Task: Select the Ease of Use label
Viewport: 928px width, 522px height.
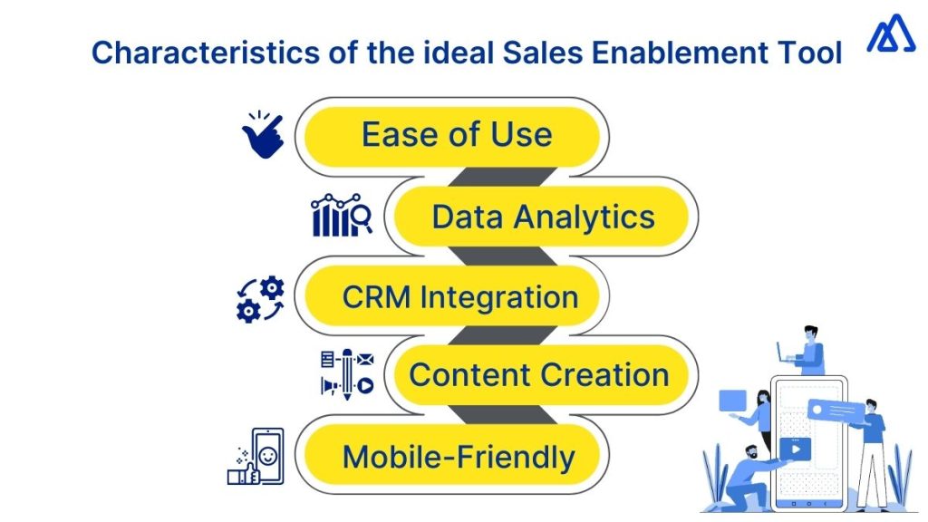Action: click(x=456, y=135)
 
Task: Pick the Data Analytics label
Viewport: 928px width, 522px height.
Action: click(x=543, y=217)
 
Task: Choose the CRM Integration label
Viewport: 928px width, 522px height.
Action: click(x=459, y=296)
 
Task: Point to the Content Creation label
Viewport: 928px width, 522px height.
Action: click(x=539, y=374)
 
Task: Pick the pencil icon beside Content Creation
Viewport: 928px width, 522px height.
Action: click(x=345, y=373)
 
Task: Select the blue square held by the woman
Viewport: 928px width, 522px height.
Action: click(x=732, y=400)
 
